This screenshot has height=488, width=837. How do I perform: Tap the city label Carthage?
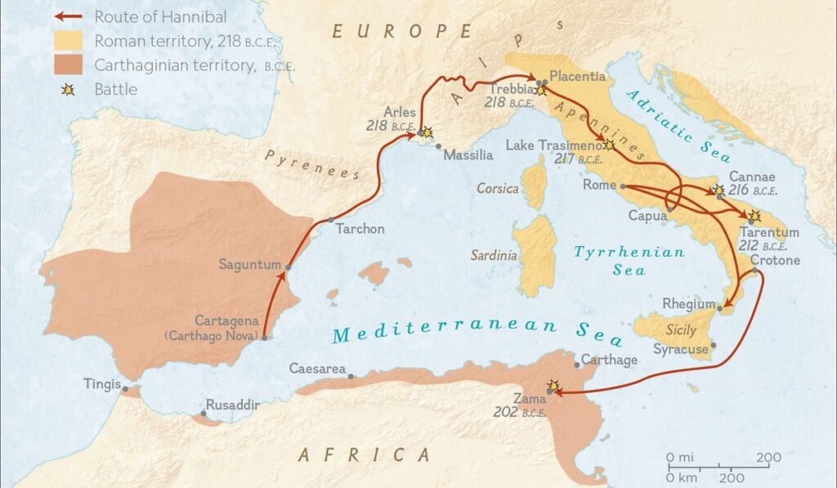click(608, 360)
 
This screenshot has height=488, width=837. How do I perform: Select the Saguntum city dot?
click(288, 266)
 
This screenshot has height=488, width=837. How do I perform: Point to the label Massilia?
click(468, 154)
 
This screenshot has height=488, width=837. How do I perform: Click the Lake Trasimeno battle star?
click(609, 146)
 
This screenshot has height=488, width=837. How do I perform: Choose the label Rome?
click(599, 186)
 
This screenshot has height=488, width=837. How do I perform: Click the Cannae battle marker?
click(718, 190)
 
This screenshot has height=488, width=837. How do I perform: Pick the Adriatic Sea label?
click(678, 127)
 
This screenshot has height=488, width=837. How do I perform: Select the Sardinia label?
click(494, 255)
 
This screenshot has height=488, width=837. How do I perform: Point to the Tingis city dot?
click(125, 388)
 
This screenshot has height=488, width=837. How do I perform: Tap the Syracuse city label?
click(681, 349)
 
